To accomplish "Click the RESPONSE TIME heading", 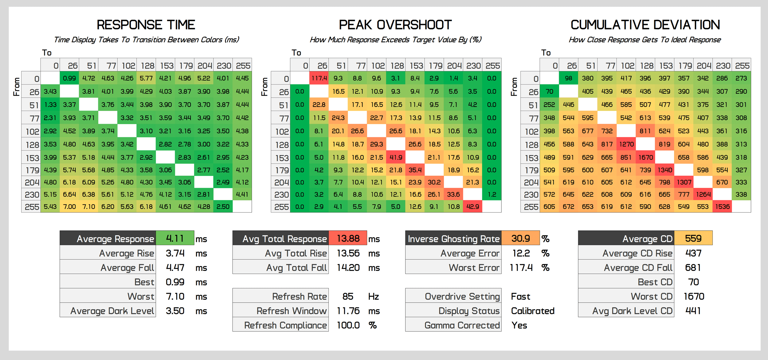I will (x=146, y=25).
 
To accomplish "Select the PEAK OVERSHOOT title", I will (x=395, y=25).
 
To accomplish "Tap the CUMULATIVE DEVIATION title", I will (x=645, y=25).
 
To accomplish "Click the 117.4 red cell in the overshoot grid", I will (x=319, y=78).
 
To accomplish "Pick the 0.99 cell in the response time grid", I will (x=69, y=78).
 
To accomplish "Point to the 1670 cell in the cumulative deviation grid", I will (x=645, y=158).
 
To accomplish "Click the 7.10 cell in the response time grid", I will (x=89, y=207).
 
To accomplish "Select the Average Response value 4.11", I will (x=175, y=238).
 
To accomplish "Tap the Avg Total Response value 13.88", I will (x=348, y=238).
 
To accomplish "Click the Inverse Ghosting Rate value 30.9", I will (x=520, y=238).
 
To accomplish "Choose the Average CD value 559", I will (x=693, y=238).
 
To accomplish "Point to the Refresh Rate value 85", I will (x=348, y=296).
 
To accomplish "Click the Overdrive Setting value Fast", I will (x=520, y=296).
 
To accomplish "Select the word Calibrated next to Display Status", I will (x=533, y=311).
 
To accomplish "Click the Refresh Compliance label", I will (x=285, y=325).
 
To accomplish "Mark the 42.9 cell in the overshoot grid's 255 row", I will (x=472, y=207).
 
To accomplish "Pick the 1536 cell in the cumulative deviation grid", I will (x=722, y=207).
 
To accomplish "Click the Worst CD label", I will (x=652, y=296).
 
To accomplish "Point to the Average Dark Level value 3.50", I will (x=175, y=311).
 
